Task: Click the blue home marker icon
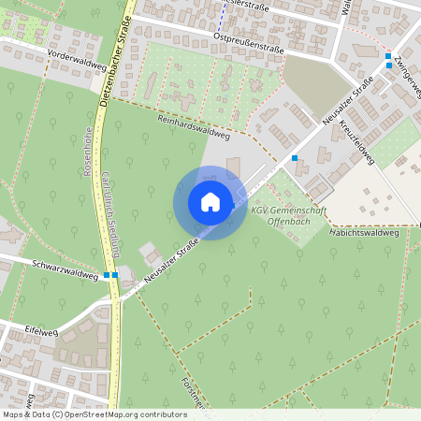210,202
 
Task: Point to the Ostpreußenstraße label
249,37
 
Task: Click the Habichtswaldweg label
365,234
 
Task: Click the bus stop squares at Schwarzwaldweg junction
111,275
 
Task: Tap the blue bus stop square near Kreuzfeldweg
295,158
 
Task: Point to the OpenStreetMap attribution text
94,414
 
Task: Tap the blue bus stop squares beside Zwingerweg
388,61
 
